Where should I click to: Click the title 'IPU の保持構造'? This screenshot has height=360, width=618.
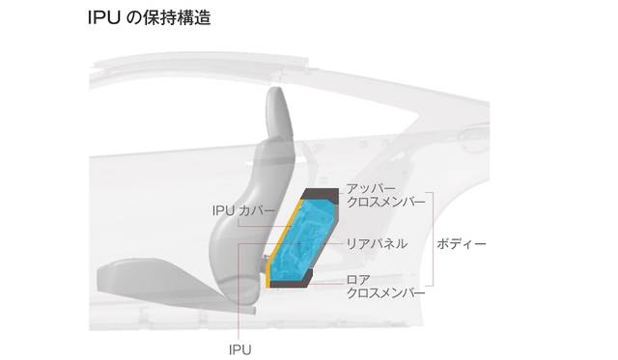pos(149,18)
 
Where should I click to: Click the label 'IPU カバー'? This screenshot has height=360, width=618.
pos(243,210)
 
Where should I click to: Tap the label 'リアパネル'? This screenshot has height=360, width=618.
pos(377,244)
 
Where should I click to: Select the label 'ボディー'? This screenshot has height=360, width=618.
pos(462,244)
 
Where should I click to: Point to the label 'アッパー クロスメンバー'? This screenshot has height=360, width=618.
pos(386,195)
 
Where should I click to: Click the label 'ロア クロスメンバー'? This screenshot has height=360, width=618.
pos(386,287)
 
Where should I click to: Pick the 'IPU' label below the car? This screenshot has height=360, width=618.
pos(240,349)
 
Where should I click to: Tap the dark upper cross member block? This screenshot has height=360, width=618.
pos(320,195)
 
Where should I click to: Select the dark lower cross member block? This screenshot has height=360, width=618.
pos(291,281)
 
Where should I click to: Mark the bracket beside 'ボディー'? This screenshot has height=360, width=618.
pos(433,239)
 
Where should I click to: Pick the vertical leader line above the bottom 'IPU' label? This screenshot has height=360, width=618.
pos(239,292)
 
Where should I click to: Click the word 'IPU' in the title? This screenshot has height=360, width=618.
pos(104,18)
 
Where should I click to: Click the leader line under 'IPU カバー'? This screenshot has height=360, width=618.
pos(265,226)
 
